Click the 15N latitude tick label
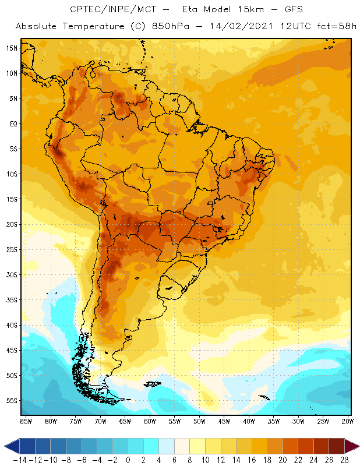12,48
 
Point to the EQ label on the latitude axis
12,123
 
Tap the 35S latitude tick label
12,300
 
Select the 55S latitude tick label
12,401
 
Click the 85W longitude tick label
26,421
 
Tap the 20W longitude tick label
348,421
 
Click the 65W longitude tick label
125,421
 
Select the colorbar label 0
128,460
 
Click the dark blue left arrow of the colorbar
12,446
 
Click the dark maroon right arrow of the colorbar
352,446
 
